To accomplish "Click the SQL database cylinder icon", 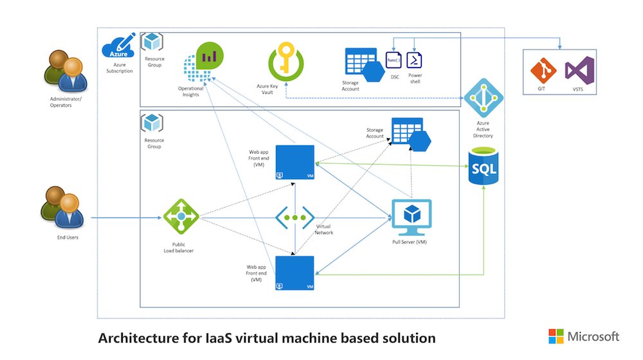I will pyautogui.click(x=484, y=166).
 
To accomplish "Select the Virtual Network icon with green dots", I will pyautogui.click(x=295, y=218).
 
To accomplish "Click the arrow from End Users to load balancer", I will pyautogui.click(x=125, y=218).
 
